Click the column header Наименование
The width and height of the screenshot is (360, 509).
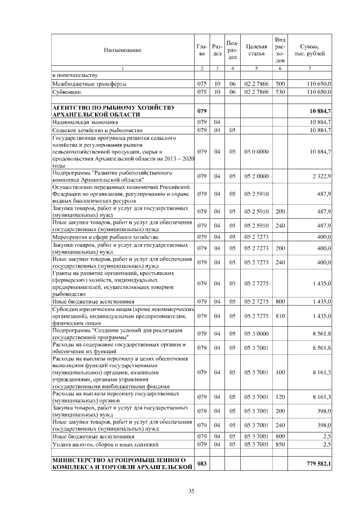(x=122, y=50)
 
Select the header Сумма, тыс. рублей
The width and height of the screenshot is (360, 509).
(x=310, y=50)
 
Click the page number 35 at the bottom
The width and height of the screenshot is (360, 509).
(x=191, y=492)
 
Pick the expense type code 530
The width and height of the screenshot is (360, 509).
(x=280, y=91)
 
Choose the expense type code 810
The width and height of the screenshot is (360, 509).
(x=280, y=317)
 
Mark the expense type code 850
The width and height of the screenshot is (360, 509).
(x=280, y=444)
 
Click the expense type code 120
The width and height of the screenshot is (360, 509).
(x=280, y=397)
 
